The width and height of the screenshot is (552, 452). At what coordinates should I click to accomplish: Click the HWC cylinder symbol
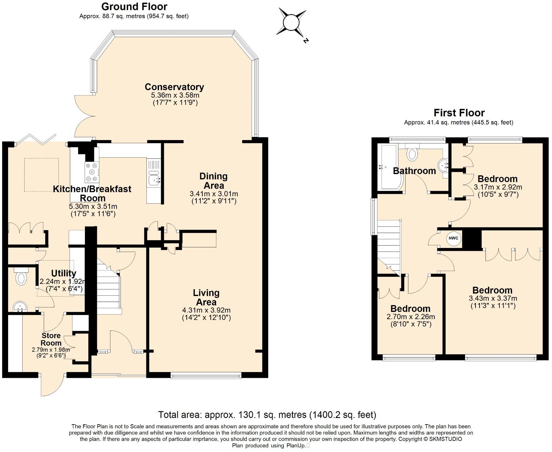453,238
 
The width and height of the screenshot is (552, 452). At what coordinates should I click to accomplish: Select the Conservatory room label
174,87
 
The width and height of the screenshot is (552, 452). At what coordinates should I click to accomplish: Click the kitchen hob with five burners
92,172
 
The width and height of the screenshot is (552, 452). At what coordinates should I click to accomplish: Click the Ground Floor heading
134,7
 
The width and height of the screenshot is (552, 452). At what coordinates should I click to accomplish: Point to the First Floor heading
459,113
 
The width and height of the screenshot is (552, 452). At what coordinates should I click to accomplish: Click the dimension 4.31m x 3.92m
206,310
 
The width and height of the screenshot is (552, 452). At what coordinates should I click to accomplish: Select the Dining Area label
214,181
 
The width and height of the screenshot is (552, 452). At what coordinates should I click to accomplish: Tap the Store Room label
51,339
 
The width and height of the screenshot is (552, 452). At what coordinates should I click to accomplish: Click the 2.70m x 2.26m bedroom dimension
411,317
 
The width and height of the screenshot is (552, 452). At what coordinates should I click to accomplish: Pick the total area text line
267,415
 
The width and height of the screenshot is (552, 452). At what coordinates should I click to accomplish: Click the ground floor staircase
108,287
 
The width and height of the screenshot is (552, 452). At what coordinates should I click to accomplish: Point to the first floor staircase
389,246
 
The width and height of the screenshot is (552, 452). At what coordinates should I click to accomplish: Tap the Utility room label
63,273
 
